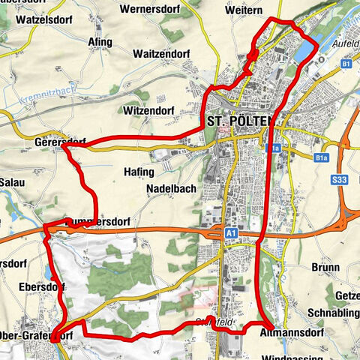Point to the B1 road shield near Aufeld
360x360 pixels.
[346, 65]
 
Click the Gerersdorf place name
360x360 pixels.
[60, 142]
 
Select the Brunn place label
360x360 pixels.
[322, 266]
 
